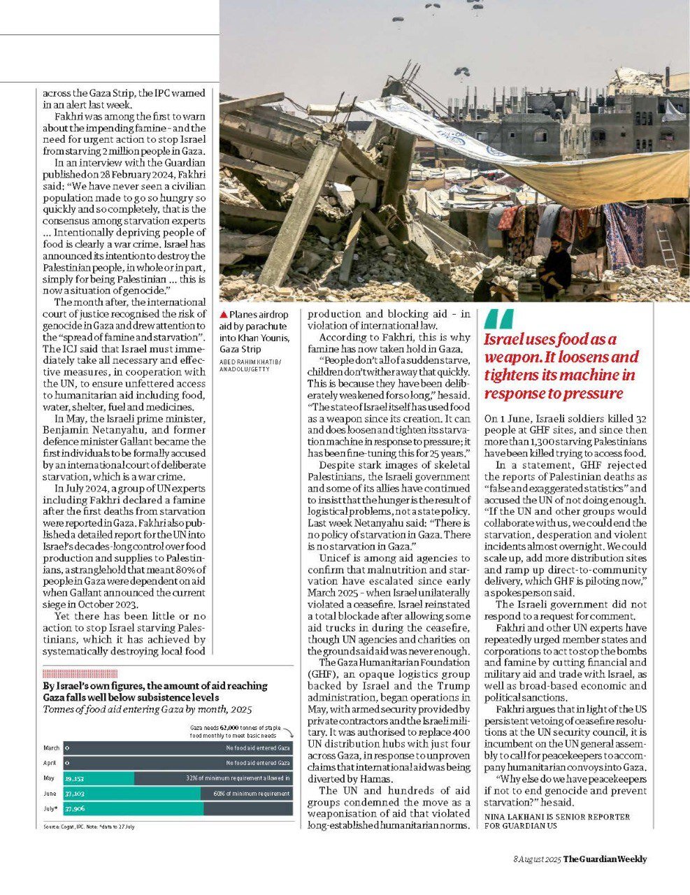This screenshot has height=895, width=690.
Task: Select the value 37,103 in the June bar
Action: tap(74, 794)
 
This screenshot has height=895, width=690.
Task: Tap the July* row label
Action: tap(51, 809)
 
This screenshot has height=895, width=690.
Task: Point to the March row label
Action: tap(51, 748)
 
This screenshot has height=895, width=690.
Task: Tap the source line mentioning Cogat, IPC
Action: tap(89, 826)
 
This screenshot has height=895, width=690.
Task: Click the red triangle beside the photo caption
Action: tap(224, 315)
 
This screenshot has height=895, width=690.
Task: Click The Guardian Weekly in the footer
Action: tap(605, 859)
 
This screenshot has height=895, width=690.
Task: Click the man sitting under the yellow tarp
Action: tap(556, 264)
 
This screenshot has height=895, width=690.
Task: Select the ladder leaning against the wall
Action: tap(666, 245)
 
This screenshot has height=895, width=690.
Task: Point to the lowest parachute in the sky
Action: tap(461, 71)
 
